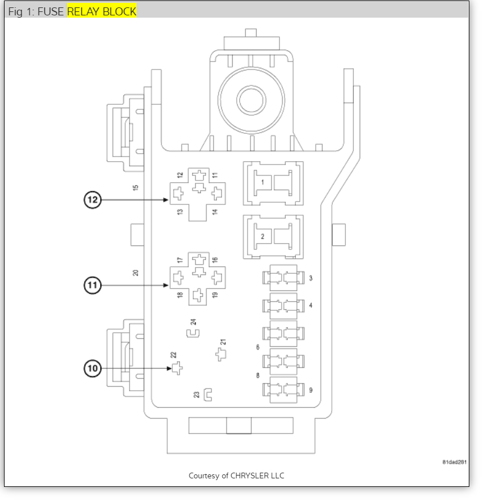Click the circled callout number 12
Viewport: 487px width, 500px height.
[x=93, y=200]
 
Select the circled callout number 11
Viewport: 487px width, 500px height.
[x=93, y=285]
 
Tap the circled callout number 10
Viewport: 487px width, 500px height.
[x=93, y=368]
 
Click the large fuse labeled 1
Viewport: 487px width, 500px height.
[x=273, y=183]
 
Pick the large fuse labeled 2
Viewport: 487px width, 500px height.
[x=273, y=236]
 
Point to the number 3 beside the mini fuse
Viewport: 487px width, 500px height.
[x=311, y=278]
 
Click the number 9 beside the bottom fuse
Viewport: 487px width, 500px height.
[x=311, y=390]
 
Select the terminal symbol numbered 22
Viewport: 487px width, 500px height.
[x=178, y=368]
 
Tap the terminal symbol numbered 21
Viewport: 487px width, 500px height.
[x=221, y=355]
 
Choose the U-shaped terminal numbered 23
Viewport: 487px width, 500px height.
[x=208, y=394]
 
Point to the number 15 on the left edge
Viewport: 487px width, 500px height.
[x=135, y=187]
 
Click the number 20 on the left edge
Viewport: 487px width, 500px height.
[x=135, y=272]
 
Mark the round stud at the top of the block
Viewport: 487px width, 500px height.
[x=251, y=101]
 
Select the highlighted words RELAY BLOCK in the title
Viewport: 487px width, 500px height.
[x=102, y=11]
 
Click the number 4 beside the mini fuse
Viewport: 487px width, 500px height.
[x=311, y=306]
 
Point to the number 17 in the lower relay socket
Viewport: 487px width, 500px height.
[x=180, y=260]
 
